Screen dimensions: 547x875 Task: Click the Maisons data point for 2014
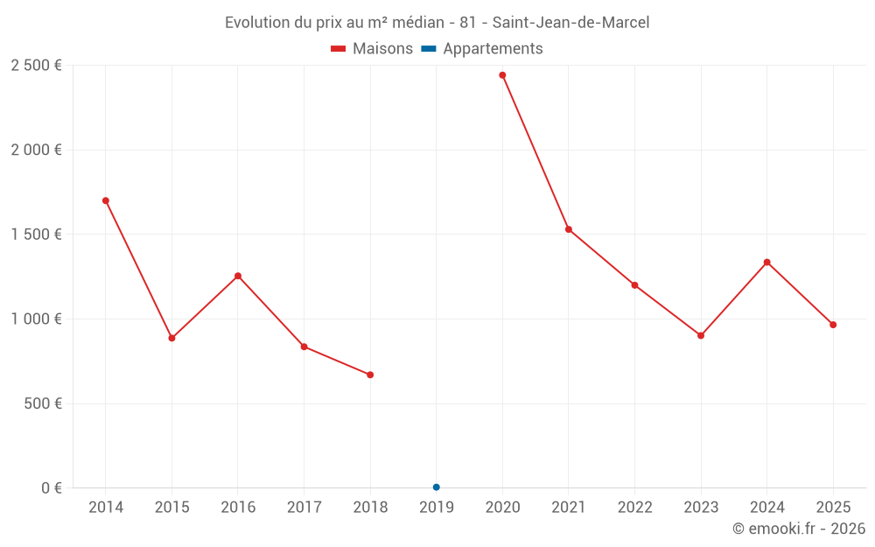pos(106,200)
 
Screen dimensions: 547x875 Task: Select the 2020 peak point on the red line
pos(502,75)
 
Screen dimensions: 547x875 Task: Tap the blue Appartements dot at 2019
pos(436,487)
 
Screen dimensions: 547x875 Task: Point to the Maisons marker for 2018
pos(370,375)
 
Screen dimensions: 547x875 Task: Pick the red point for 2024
pos(767,263)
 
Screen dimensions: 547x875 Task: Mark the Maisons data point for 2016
pos(238,276)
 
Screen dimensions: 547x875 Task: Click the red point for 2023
pos(701,335)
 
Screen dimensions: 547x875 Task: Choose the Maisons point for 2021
pos(569,229)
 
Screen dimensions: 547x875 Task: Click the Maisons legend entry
pos(372,49)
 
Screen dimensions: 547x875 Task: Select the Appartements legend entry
pos(483,49)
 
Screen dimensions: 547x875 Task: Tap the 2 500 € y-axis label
pos(37,66)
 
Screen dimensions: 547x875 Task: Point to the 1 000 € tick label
pos(37,319)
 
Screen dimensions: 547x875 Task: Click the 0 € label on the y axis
pos(51,488)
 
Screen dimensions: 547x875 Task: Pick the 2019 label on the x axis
pos(436,508)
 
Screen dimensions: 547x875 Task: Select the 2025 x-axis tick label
pos(833,508)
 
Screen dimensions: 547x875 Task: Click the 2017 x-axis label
pos(304,508)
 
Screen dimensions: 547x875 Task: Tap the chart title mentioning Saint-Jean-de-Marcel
pos(437,23)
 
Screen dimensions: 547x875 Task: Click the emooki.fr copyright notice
pos(799,529)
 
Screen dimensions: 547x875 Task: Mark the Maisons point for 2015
pos(171,338)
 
